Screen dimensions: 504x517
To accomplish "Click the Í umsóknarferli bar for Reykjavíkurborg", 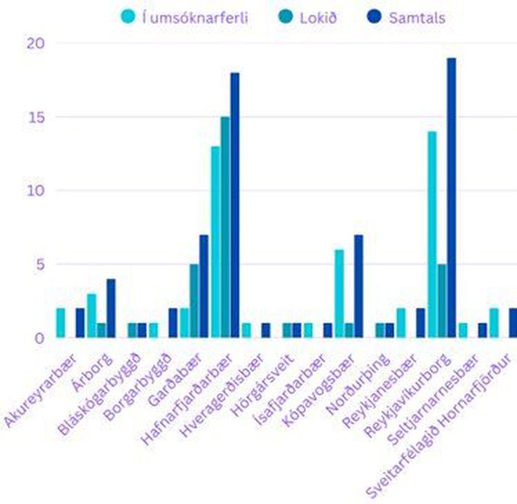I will click(x=432, y=235).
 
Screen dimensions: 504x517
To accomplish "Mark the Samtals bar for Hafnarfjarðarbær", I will click(x=235, y=205).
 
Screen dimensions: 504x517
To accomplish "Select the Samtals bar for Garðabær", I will click(x=204, y=286).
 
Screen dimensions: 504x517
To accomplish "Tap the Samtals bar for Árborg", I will click(x=111, y=308).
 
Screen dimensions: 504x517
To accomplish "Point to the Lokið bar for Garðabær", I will click(x=194, y=301).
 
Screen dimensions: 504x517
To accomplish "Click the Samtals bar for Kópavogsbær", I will click(x=359, y=286).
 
